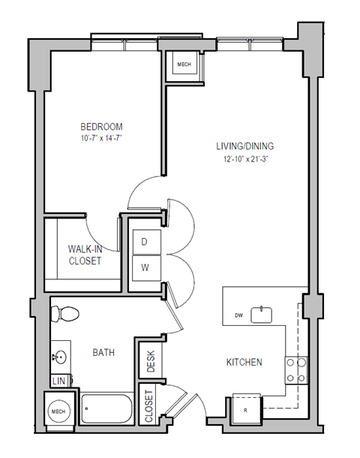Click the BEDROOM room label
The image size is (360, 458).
102,127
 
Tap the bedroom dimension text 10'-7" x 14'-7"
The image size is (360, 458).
102,137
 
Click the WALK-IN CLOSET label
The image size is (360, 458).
85,255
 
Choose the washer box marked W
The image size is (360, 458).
144,267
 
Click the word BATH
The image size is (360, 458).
103,351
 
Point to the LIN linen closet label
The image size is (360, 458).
60,381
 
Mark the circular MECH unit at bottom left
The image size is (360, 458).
59,412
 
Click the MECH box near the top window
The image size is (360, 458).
184,65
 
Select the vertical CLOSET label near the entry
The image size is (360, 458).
148,407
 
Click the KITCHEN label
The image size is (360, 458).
244,363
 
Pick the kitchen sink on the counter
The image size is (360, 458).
262,314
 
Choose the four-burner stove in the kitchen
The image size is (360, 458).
298,369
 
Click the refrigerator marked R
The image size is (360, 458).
246,409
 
